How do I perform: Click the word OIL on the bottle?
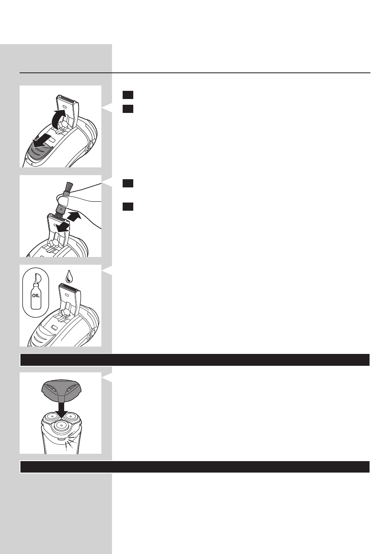(x=36, y=295)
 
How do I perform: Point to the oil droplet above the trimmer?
(x=69, y=277)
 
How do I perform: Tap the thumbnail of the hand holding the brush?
(x=64, y=201)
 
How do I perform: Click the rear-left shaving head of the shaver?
(x=51, y=417)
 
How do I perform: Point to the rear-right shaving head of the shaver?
(x=71, y=417)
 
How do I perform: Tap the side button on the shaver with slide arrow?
(x=90, y=145)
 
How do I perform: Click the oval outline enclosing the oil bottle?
(x=36, y=293)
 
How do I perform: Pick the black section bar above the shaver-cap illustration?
(x=195, y=360)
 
